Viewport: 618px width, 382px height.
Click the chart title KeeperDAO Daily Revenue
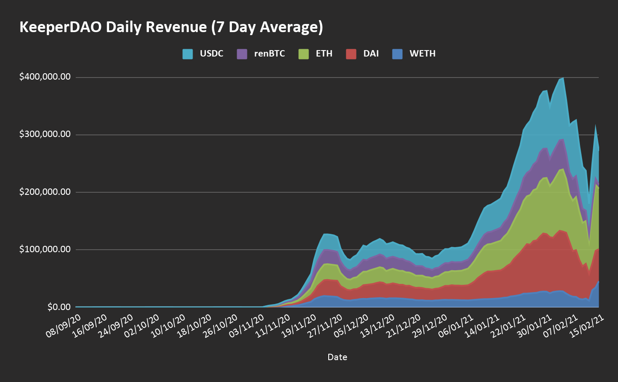(x=171, y=27)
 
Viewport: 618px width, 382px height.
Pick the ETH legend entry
(x=324, y=54)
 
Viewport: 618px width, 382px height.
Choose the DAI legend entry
(x=371, y=54)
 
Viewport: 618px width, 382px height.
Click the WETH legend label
(x=422, y=54)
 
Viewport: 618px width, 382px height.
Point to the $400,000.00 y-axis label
(x=45, y=77)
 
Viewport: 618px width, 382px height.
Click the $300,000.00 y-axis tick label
(x=45, y=134)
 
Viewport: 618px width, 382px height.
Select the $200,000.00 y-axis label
(x=45, y=192)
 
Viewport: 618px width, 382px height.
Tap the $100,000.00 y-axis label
(x=45, y=249)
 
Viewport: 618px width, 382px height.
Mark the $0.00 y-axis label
(x=59, y=307)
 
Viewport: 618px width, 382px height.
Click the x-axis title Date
(x=337, y=357)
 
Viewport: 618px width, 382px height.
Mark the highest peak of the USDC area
(x=563, y=78)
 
